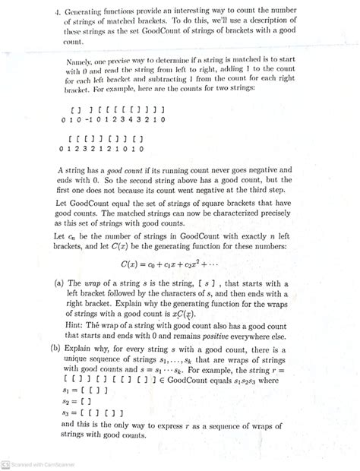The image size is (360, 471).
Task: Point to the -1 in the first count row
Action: [88, 119]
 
